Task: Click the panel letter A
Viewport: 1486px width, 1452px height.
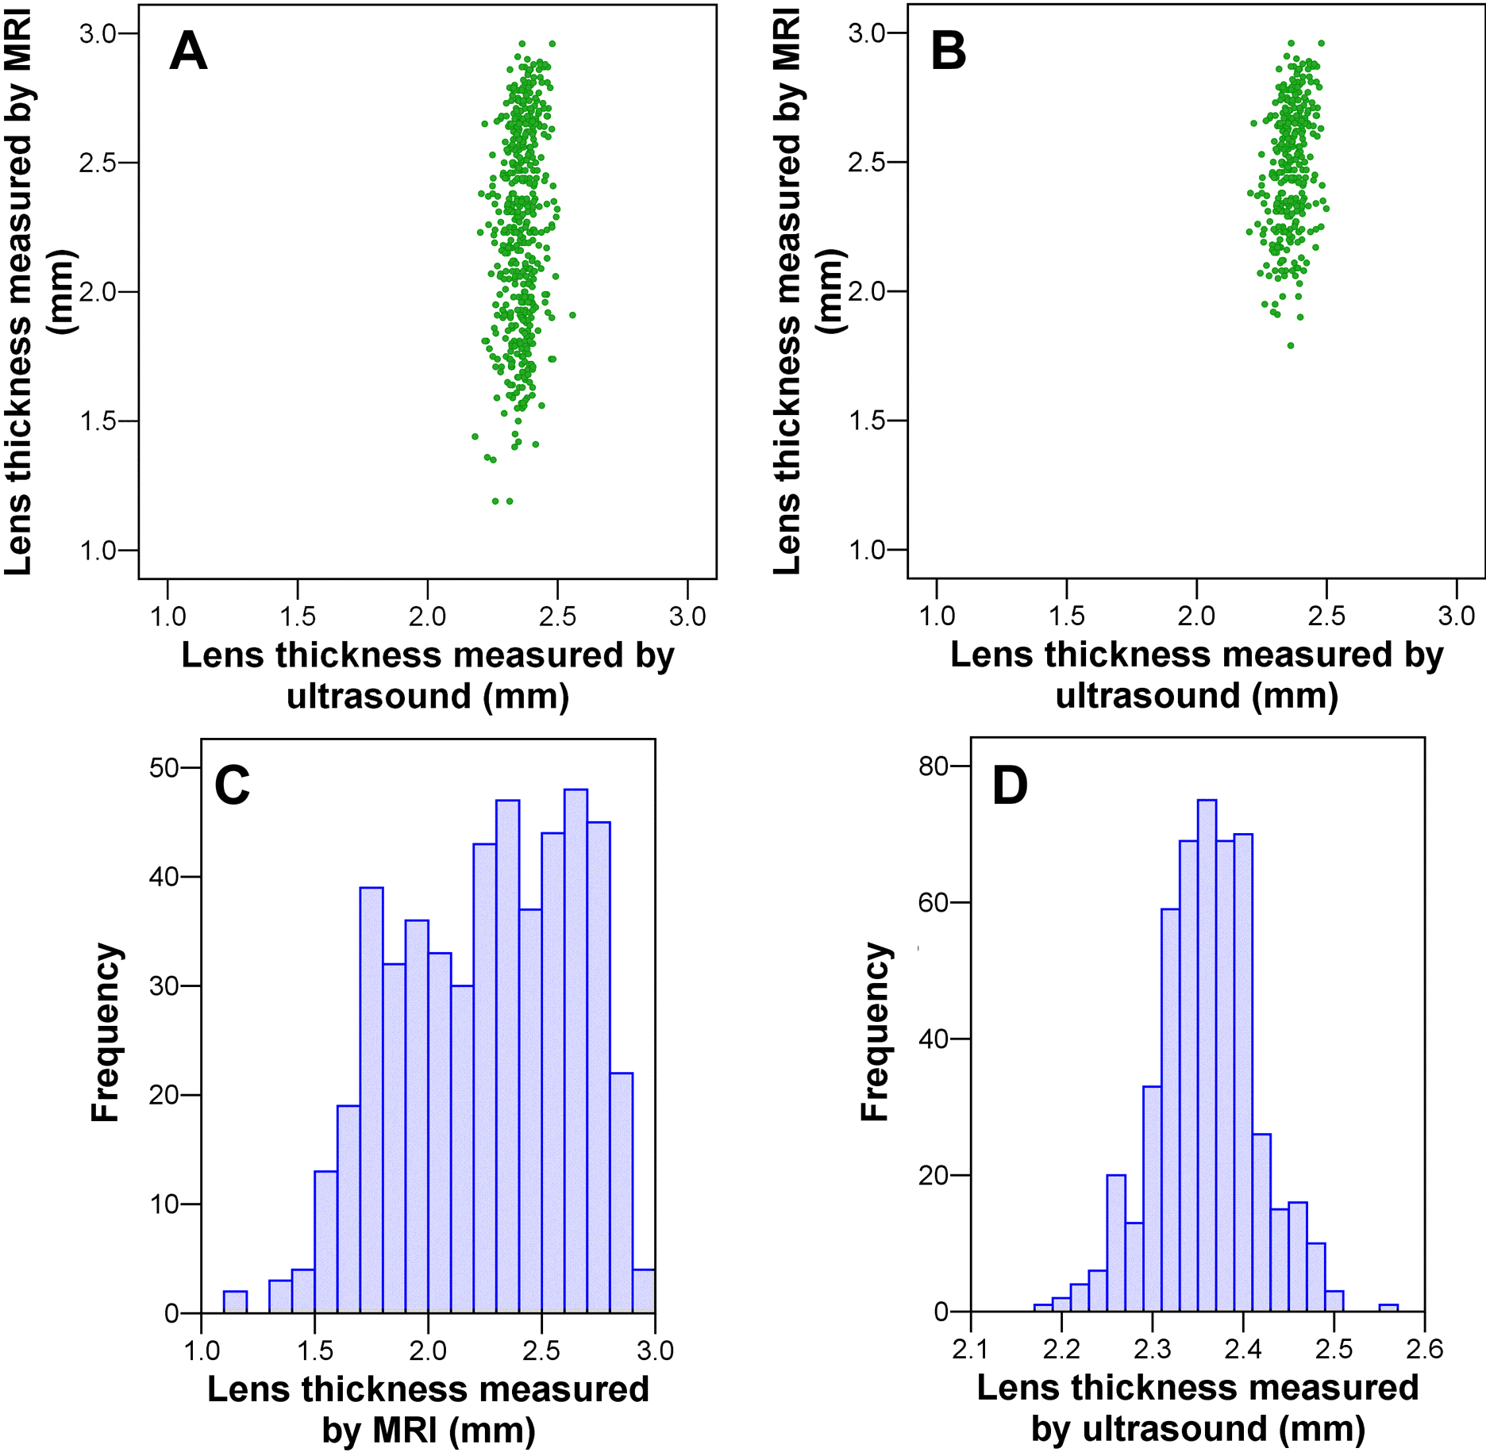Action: [188, 52]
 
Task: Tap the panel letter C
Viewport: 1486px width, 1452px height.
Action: [232, 786]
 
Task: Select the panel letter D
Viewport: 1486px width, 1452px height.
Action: [1010, 786]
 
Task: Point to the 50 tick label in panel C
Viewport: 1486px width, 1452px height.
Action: [165, 768]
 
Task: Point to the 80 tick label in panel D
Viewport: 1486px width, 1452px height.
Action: [934, 766]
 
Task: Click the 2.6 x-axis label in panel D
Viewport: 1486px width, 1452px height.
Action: [1424, 1349]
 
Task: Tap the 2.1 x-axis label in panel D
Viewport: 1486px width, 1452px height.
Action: [970, 1349]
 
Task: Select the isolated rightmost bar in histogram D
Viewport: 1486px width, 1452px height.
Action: [1388, 1308]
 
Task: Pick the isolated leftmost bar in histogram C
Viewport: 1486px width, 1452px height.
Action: [235, 1302]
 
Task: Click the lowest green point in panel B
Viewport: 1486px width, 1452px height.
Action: [1291, 345]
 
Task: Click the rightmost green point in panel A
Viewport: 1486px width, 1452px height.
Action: [572, 315]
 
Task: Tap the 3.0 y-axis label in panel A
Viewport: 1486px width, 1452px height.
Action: [98, 33]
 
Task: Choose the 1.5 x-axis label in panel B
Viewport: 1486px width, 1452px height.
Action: [1066, 616]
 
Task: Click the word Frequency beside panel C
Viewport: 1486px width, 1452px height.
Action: [105, 1031]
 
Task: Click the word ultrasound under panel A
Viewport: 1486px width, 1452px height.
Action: [379, 697]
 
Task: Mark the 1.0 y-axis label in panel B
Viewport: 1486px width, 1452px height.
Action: [867, 549]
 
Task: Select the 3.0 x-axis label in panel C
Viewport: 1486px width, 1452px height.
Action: [655, 1350]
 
